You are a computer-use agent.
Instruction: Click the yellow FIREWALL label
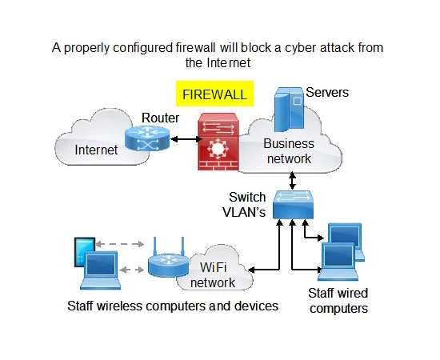214,94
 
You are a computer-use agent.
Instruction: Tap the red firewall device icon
218,142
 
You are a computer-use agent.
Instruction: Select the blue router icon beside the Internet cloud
147,138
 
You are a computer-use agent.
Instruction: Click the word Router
160,118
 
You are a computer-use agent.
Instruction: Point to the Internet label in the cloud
96,150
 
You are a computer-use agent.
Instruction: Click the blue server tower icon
289,110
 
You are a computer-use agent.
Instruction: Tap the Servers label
327,92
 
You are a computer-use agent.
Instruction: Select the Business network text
289,151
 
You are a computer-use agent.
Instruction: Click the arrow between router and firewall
186,139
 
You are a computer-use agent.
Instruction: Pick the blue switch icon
293,205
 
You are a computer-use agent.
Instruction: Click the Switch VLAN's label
244,205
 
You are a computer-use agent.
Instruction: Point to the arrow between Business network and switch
292,181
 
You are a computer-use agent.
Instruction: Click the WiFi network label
213,275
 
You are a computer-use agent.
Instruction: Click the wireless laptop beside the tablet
101,270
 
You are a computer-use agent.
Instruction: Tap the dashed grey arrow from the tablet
120,244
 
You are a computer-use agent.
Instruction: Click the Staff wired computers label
338,301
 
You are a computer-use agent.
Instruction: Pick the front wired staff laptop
338,262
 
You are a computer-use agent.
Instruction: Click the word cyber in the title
301,48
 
